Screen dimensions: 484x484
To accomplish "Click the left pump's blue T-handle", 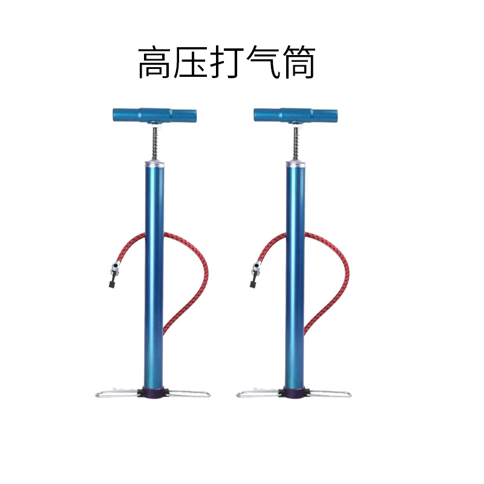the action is [x=154, y=114].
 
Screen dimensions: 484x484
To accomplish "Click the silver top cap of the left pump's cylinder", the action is [x=154, y=163].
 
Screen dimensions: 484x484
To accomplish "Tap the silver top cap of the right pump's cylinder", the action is [x=296, y=163].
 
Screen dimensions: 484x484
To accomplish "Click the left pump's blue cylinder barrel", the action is [x=154, y=272].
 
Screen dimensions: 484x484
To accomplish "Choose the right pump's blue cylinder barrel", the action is [x=295, y=272].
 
